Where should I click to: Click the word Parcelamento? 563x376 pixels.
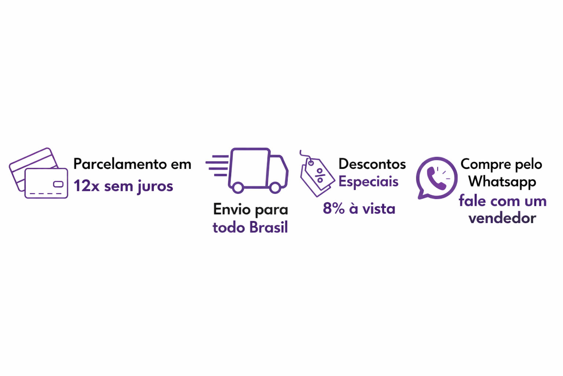[120, 164]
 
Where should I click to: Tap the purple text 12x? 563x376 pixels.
[87, 186]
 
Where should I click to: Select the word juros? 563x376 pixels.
[155, 186]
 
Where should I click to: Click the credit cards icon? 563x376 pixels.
[39, 173]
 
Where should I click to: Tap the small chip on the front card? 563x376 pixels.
[58, 184]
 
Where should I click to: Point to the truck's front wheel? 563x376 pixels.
[275, 188]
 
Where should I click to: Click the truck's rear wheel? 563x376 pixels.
[238, 188]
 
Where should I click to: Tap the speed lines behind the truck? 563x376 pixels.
[217, 166]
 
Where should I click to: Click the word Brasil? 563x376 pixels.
[269, 228]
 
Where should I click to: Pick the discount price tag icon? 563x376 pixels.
[316, 174]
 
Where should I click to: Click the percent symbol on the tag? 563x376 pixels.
[320, 176]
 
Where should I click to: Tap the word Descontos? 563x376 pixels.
[372, 164]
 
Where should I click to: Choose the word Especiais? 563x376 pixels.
[368, 181]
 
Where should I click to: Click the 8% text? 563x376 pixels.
[334, 209]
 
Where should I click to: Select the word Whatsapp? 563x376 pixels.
[502, 182]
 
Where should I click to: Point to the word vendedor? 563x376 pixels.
[502, 218]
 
